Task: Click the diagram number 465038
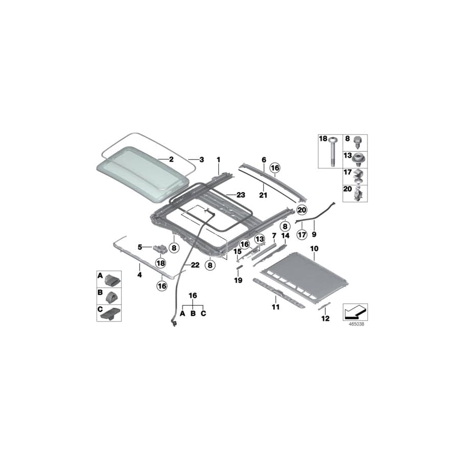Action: coord(356,324)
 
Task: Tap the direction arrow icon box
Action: coord(355,312)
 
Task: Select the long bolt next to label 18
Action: coord(332,152)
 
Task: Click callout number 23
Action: coord(241,195)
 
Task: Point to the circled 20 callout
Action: coord(302,210)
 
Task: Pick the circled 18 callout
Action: coord(161,263)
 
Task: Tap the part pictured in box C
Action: coord(110,313)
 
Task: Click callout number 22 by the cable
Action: coord(195,265)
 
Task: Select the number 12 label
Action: coord(326,318)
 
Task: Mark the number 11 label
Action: coord(276,307)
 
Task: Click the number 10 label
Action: coord(314,249)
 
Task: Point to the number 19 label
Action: coord(238,281)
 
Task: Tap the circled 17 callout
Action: coord(302,235)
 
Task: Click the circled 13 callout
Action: coord(260,239)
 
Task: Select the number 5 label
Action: coord(140,247)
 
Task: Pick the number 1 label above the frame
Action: coord(218,159)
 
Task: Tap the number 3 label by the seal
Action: coord(201,159)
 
